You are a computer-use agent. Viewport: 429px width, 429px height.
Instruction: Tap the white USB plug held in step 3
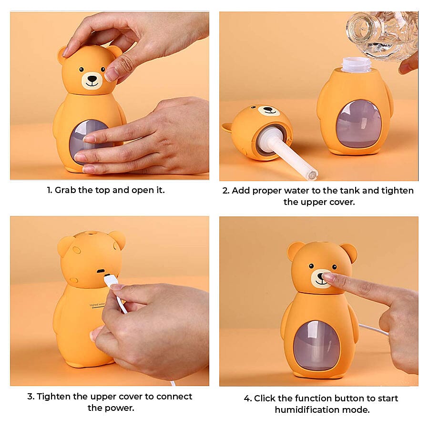point(111,281)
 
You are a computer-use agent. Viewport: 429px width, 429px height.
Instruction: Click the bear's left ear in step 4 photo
point(295,251)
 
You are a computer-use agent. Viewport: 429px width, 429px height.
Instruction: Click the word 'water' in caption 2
point(305,191)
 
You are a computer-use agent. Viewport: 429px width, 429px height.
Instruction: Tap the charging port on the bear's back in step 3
point(101,271)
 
